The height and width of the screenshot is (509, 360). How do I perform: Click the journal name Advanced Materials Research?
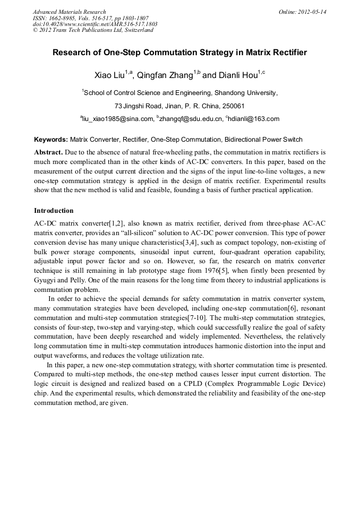[69, 12]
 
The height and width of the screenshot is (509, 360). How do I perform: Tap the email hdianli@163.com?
[254, 119]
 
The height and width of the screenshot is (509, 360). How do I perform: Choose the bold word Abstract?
[48, 152]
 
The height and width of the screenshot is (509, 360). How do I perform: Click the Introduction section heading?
[54, 211]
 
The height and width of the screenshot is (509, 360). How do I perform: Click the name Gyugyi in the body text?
[46, 280]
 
